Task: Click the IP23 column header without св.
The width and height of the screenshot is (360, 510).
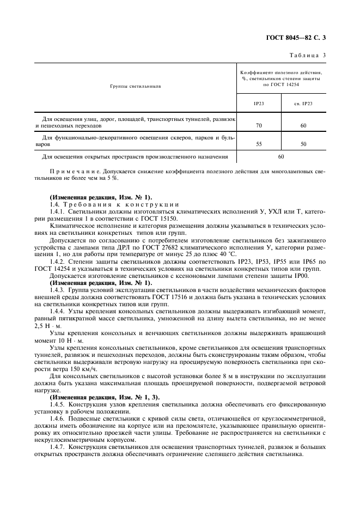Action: pyautogui.click(x=259, y=104)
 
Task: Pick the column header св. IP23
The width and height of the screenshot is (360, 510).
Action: pyautogui.click(x=303, y=104)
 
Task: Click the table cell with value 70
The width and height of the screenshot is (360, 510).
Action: pyautogui.click(x=259, y=126)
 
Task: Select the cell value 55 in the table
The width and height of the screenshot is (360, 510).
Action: pyautogui.click(x=259, y=144)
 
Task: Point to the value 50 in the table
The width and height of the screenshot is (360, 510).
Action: pyautogui.click(x=303, y=144)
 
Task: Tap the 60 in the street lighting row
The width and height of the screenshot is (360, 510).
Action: pyautogui.click(x=303, y=126)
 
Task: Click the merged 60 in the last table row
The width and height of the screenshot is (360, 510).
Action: pyautogui.click(x=281, y=157)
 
